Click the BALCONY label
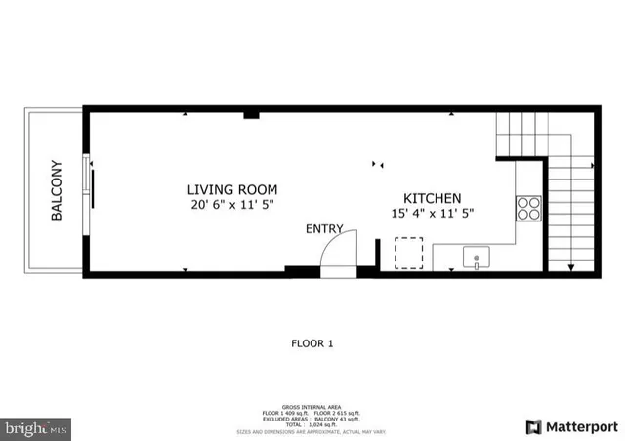[x=57, y=190]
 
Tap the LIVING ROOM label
[x=232, y=189]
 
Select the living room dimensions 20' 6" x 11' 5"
[x=232, y=205]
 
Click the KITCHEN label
[x=426, y=198]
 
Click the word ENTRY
[x=324, y=229]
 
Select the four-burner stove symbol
[x=528, y=208]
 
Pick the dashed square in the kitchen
[x=408, y=254]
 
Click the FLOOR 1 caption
[x=312, y=343]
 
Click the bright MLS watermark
[x=37, y=427]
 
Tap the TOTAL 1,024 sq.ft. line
[x=312, y=423]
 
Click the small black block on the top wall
[x=251, y=116]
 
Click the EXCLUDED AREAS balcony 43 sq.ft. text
[x=312, y=417]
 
